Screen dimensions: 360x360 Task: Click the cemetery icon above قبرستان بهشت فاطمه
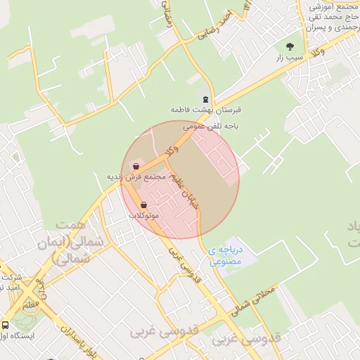pos(205,99)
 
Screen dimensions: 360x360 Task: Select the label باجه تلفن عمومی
pos(212,127)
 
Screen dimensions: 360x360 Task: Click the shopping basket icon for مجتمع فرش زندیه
pos(135,167)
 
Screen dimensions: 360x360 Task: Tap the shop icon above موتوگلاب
pos(144,205)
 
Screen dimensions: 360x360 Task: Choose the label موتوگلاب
pos(144,214)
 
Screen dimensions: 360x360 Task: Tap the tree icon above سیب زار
pos(290,46)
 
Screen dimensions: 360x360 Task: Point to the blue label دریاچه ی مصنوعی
pos(225,256)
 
